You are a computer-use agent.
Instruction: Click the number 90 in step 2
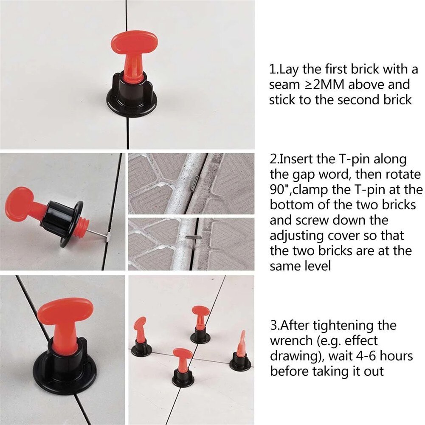pyautogui.click(x=278, y=189)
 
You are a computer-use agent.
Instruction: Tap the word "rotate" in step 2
pyautogui.click(x=401, y=175)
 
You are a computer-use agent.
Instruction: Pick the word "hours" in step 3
pyautogui.click(x=392, y=356)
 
